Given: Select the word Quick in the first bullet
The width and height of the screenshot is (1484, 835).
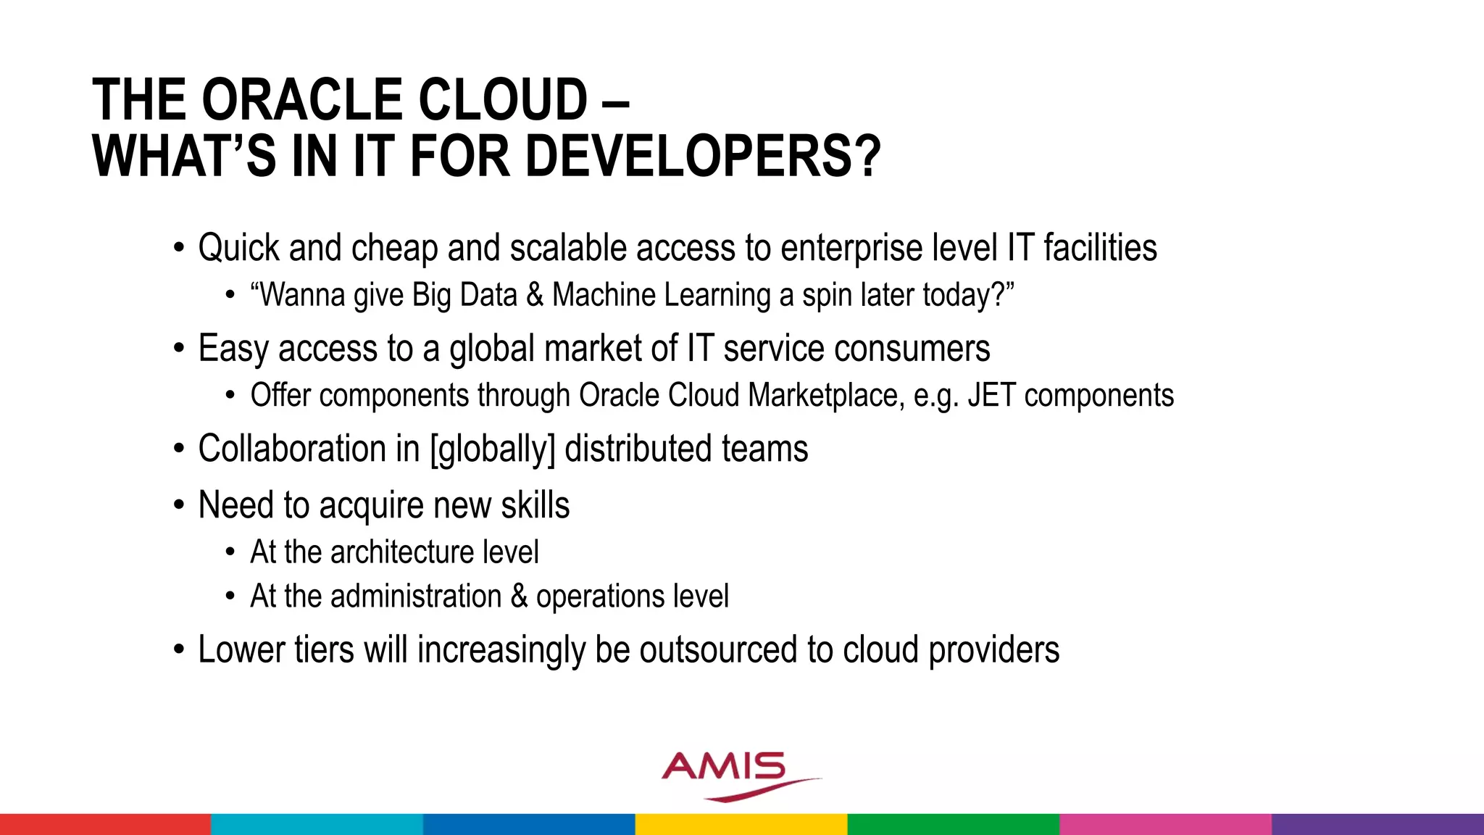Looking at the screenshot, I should point(238,249).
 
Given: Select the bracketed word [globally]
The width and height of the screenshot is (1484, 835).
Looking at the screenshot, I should point(492,449).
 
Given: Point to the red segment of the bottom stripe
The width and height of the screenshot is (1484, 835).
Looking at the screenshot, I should point(105,824).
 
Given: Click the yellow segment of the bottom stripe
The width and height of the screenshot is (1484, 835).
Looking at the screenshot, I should point(741,824).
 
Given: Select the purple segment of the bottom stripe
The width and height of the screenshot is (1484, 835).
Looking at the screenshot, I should point(1377,824).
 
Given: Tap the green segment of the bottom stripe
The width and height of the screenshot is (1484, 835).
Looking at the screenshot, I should point(953,824).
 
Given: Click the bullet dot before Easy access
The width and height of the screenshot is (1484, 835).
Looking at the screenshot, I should point(179,349).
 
